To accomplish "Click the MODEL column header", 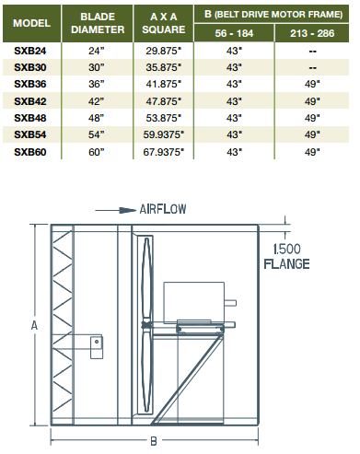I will coord(33,21).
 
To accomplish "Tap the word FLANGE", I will coord(289,262).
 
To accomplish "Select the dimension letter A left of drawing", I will coord(34,325).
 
